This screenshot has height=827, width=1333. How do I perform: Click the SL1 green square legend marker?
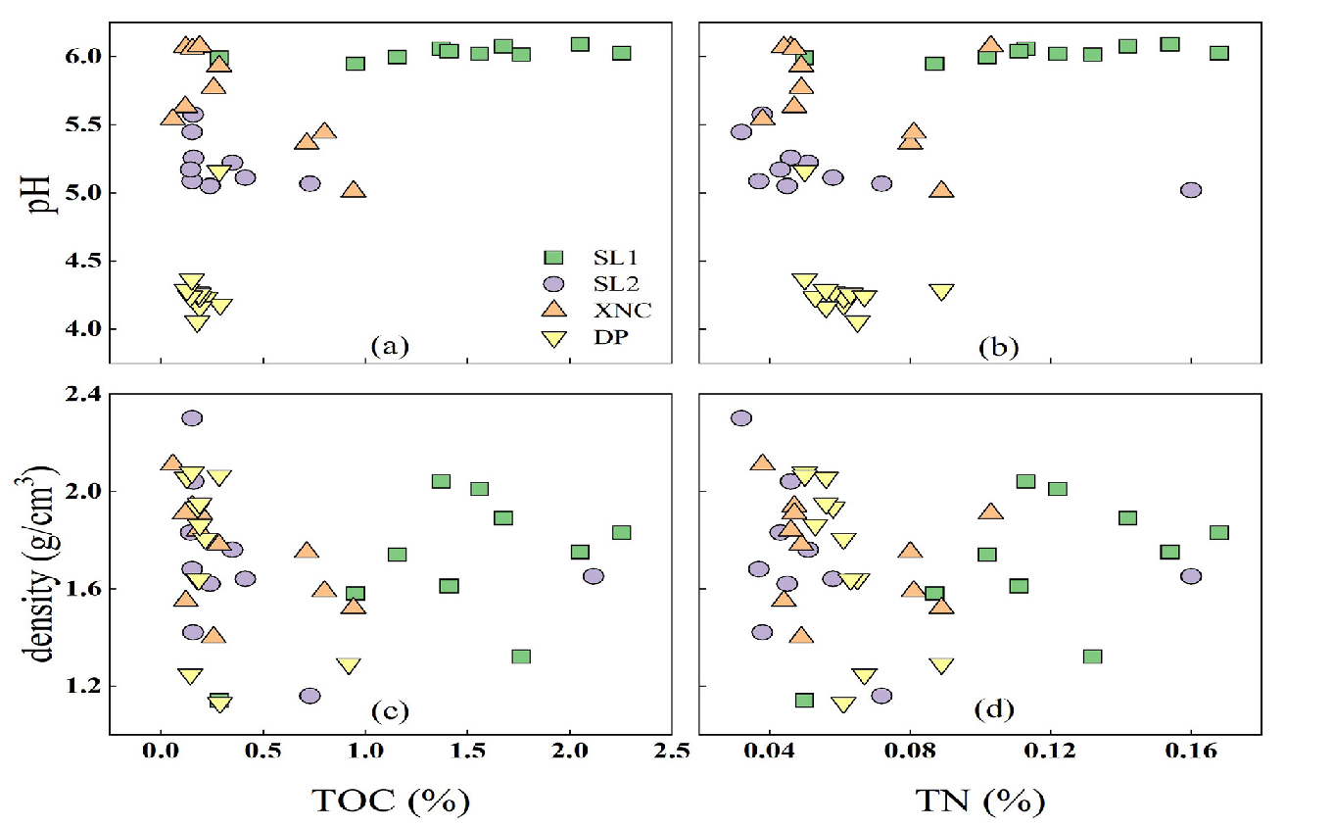(553, 258)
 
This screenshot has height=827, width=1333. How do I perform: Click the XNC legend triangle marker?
(553, 310)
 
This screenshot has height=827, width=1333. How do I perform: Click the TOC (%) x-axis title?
(390, 801)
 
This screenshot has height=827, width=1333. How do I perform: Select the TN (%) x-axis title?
(978, 801)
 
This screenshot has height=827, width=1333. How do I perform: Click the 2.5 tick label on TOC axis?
(672, 753)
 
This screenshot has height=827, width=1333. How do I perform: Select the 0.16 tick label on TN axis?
(1190, 753)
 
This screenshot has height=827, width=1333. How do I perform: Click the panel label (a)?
(389, 346)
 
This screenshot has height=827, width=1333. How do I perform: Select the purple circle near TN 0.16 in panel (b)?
(1191, 190)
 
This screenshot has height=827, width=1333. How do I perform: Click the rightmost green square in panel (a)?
(621, 53)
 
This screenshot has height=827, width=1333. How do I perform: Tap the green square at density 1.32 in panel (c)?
(521, 657)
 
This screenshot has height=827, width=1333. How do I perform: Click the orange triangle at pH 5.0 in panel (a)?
(354, 190)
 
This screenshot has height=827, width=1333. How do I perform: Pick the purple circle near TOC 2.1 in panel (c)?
(593, 576)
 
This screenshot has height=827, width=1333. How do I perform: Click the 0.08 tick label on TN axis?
(909, 753)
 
